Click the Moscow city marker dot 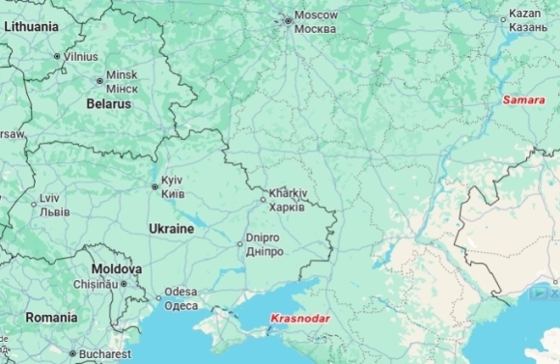(x=287, y=19)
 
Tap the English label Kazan (x=525, y=14)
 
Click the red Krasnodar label (x=301, y=319)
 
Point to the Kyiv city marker (x=154, y=187)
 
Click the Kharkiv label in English (x=288, y=193)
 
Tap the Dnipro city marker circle (x=240, y=244)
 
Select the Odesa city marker (x=159, y=297)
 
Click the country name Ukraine (x=171, y=229)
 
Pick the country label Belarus (x=109, y=103)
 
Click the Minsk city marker (x=99, y=81)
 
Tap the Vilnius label (x=81, y=57)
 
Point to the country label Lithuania (x=31, y=27)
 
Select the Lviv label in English (x=49, y=198)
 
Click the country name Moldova (x=117, y=268)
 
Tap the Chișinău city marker (x=124, y=284)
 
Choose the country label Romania (x=51, y=317)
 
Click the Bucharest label (x=105, y=354)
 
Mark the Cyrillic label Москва (x=315, y=29)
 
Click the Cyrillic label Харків (x=288, y=207)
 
